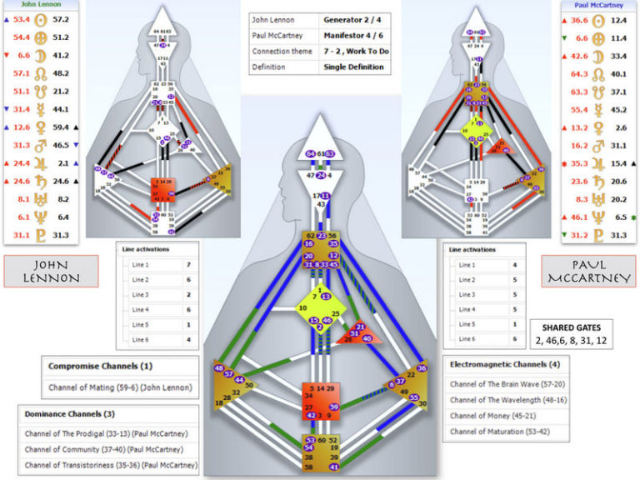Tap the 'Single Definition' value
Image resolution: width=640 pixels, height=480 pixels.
point(354,67)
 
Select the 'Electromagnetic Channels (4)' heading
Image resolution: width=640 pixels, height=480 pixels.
point(506,365)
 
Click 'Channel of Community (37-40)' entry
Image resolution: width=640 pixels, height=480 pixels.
point(110,449)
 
